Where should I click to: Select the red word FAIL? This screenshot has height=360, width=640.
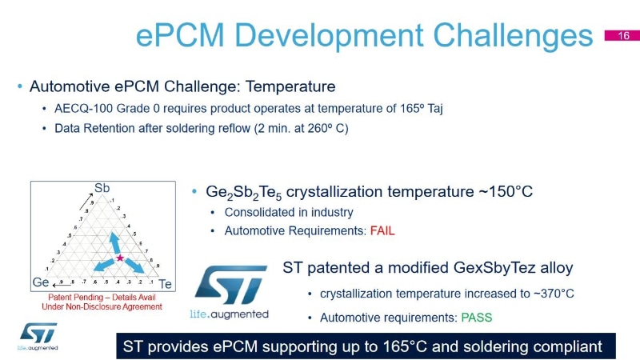[382, 231]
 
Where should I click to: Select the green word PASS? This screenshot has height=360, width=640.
[476, 318]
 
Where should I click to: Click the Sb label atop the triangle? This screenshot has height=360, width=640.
[102, 188]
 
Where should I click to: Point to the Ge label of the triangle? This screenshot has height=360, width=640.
[40, 283]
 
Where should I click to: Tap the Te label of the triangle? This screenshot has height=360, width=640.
[166, 284]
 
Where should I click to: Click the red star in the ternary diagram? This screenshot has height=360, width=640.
[120, 258]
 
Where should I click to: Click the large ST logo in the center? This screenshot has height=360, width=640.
[230, 284]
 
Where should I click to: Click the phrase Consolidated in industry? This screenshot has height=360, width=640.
[289, 213]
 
